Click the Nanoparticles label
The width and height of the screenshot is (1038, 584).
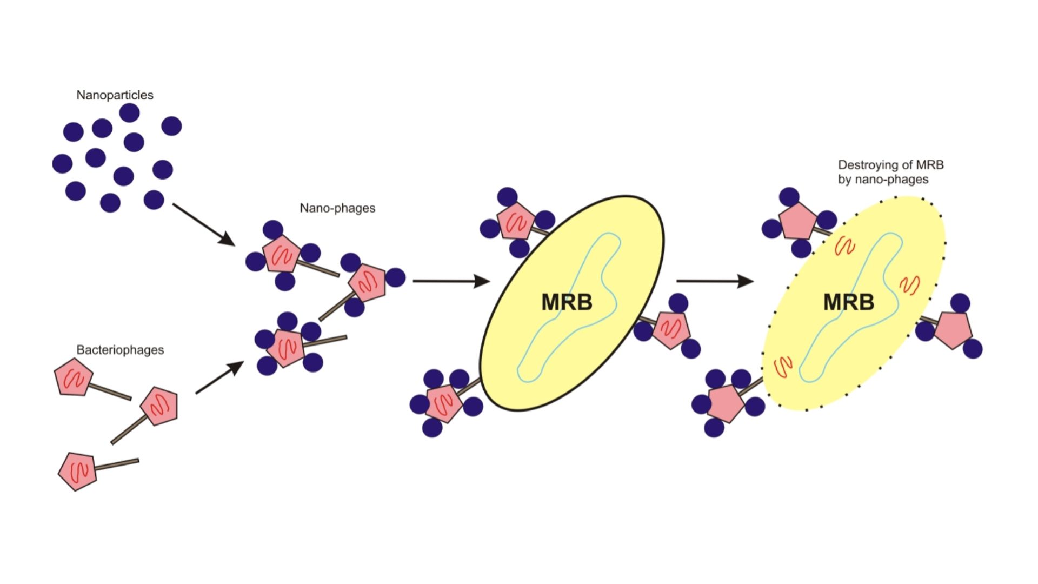pos(115,95)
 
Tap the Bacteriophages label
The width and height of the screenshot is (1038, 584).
pos(120,350)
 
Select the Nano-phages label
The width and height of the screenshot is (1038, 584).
pos(337,208)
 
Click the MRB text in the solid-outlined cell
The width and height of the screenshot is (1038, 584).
pos(567,302)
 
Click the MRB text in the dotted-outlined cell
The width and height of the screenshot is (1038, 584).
pos(848,302)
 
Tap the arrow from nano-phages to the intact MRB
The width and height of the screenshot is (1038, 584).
pos(451,281)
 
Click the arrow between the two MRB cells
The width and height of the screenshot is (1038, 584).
pos(715,281)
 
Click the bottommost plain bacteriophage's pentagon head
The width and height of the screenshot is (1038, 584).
pos(78,472)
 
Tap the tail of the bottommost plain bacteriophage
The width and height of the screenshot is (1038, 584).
pos(117,464)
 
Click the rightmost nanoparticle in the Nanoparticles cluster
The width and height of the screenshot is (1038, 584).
pos(171,126)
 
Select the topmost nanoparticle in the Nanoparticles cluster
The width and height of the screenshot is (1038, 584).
pos(129,113)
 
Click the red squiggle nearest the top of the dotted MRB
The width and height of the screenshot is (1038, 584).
pos(844,247)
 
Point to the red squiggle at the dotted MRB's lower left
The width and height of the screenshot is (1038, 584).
pos(783,366)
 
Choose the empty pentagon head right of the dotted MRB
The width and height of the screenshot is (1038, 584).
pos(953,329)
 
